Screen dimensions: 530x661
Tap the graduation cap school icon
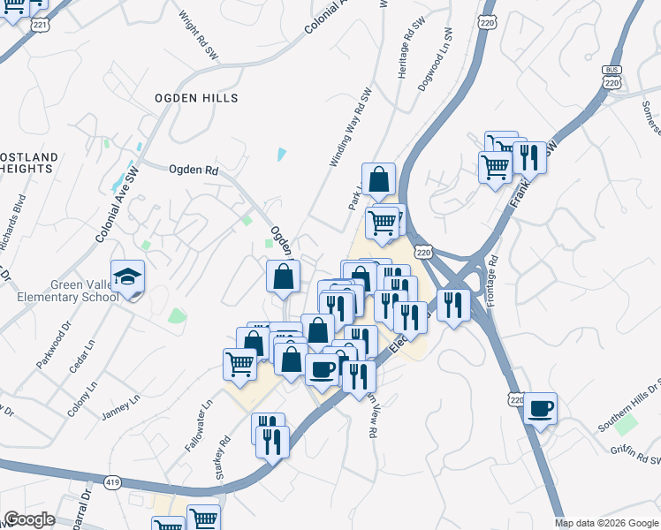point(128,276)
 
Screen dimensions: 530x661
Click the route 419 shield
point(111,483)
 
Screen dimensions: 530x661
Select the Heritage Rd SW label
point(407,46)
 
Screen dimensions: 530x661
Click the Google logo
point(29,519)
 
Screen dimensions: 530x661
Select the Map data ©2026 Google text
point(606,523)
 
